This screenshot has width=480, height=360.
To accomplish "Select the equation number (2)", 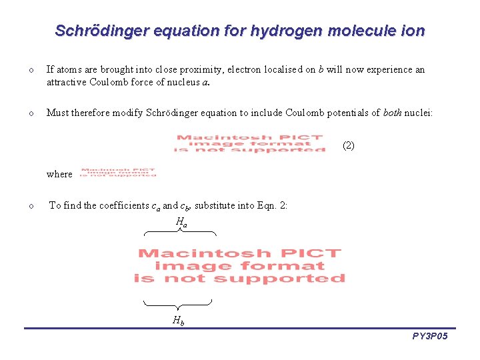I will [x=348, y=145].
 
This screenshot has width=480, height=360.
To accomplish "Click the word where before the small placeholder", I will [x=59, y=174].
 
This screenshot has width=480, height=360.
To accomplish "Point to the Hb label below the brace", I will [x=178, y=321].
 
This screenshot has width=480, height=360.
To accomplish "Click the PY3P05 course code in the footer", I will [x=430, y=337].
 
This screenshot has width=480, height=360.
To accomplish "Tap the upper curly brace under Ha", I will [x=180, y=233].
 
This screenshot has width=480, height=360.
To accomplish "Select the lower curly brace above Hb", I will [x=178, y=303].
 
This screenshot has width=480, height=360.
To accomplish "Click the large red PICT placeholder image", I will [x=239, y=265].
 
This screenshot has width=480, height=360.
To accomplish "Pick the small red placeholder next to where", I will [x=118, y=173].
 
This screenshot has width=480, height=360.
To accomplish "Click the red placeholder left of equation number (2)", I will [x=249, y=144].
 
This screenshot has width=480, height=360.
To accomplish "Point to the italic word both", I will [x=392, y=113].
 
